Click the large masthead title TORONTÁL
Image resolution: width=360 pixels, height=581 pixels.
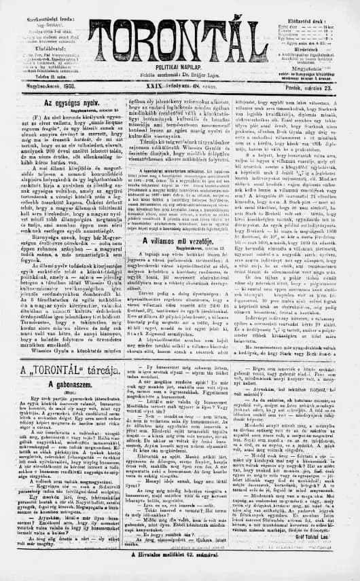tap(179, 34)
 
